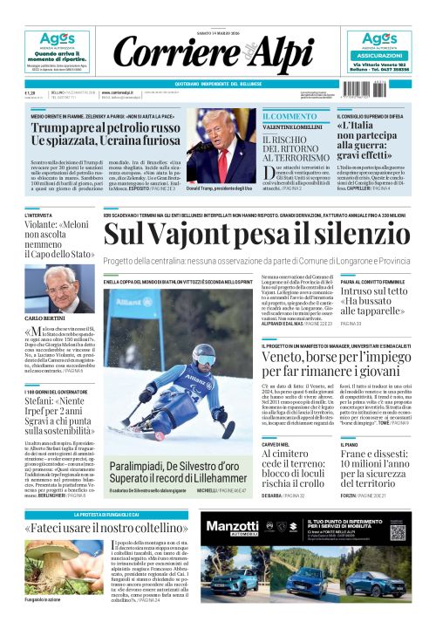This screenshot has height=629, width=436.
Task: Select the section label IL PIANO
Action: pyautogui.click(x=348, y=445)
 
